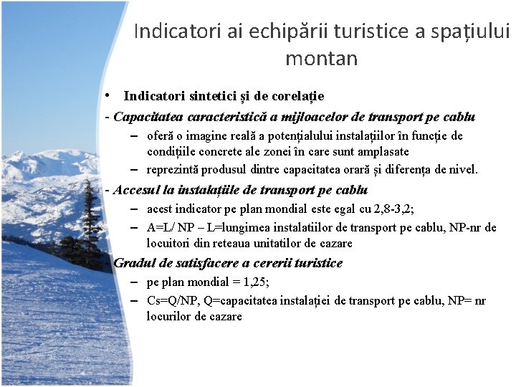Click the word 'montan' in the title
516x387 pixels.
coord(321,58)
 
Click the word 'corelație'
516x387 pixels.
coord(297,96)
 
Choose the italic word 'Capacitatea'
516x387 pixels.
coord(148,117)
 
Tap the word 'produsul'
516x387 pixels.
coord(224,170)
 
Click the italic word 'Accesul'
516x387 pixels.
coord(135,191)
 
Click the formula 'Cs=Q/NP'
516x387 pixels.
coord(170,301)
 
